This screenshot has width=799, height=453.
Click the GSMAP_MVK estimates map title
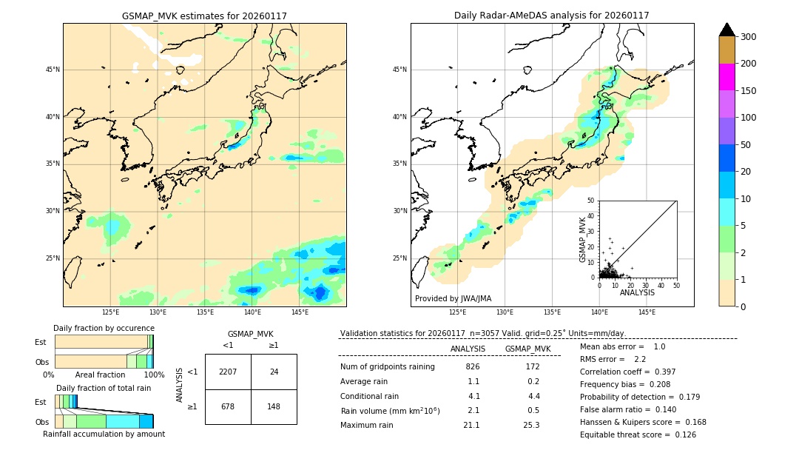tap(204, 16)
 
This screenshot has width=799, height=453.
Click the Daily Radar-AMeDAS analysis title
tap(552, 16)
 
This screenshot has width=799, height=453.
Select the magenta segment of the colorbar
tap(726, 77)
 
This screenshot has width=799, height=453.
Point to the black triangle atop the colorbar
tap(726, 30)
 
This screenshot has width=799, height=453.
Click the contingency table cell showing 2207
tap(228, 372)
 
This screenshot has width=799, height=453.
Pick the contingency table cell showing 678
tap(228, 406)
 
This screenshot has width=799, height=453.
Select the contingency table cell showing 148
tap(274, 406)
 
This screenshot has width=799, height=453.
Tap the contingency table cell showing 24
tap(274, 372)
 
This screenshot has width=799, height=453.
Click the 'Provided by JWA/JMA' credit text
tap(453, 298)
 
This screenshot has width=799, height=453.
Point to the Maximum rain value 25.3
tap(531, 425)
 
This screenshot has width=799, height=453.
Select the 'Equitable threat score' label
tap(627, 434)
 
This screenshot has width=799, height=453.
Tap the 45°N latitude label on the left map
tap(52, 70)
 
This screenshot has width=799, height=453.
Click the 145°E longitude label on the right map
tap(647, 312)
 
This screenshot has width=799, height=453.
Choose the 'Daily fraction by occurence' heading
tap(104, 328)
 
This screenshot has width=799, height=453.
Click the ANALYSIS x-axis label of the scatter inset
tap(637, 292)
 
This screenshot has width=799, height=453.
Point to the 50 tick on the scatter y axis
tap(591, 201)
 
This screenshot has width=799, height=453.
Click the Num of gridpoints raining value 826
tap(473, 367)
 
